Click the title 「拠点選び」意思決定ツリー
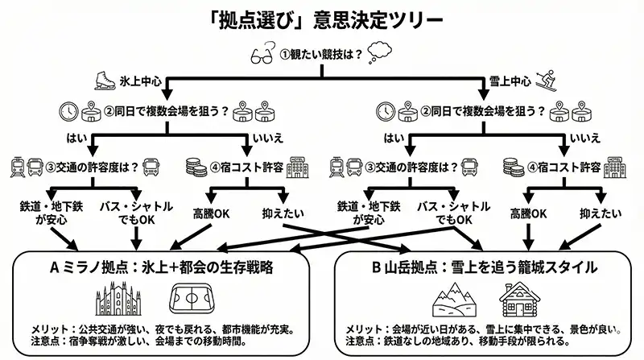[321, 19]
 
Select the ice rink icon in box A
[190, 300]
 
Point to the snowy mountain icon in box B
[454, 301]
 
